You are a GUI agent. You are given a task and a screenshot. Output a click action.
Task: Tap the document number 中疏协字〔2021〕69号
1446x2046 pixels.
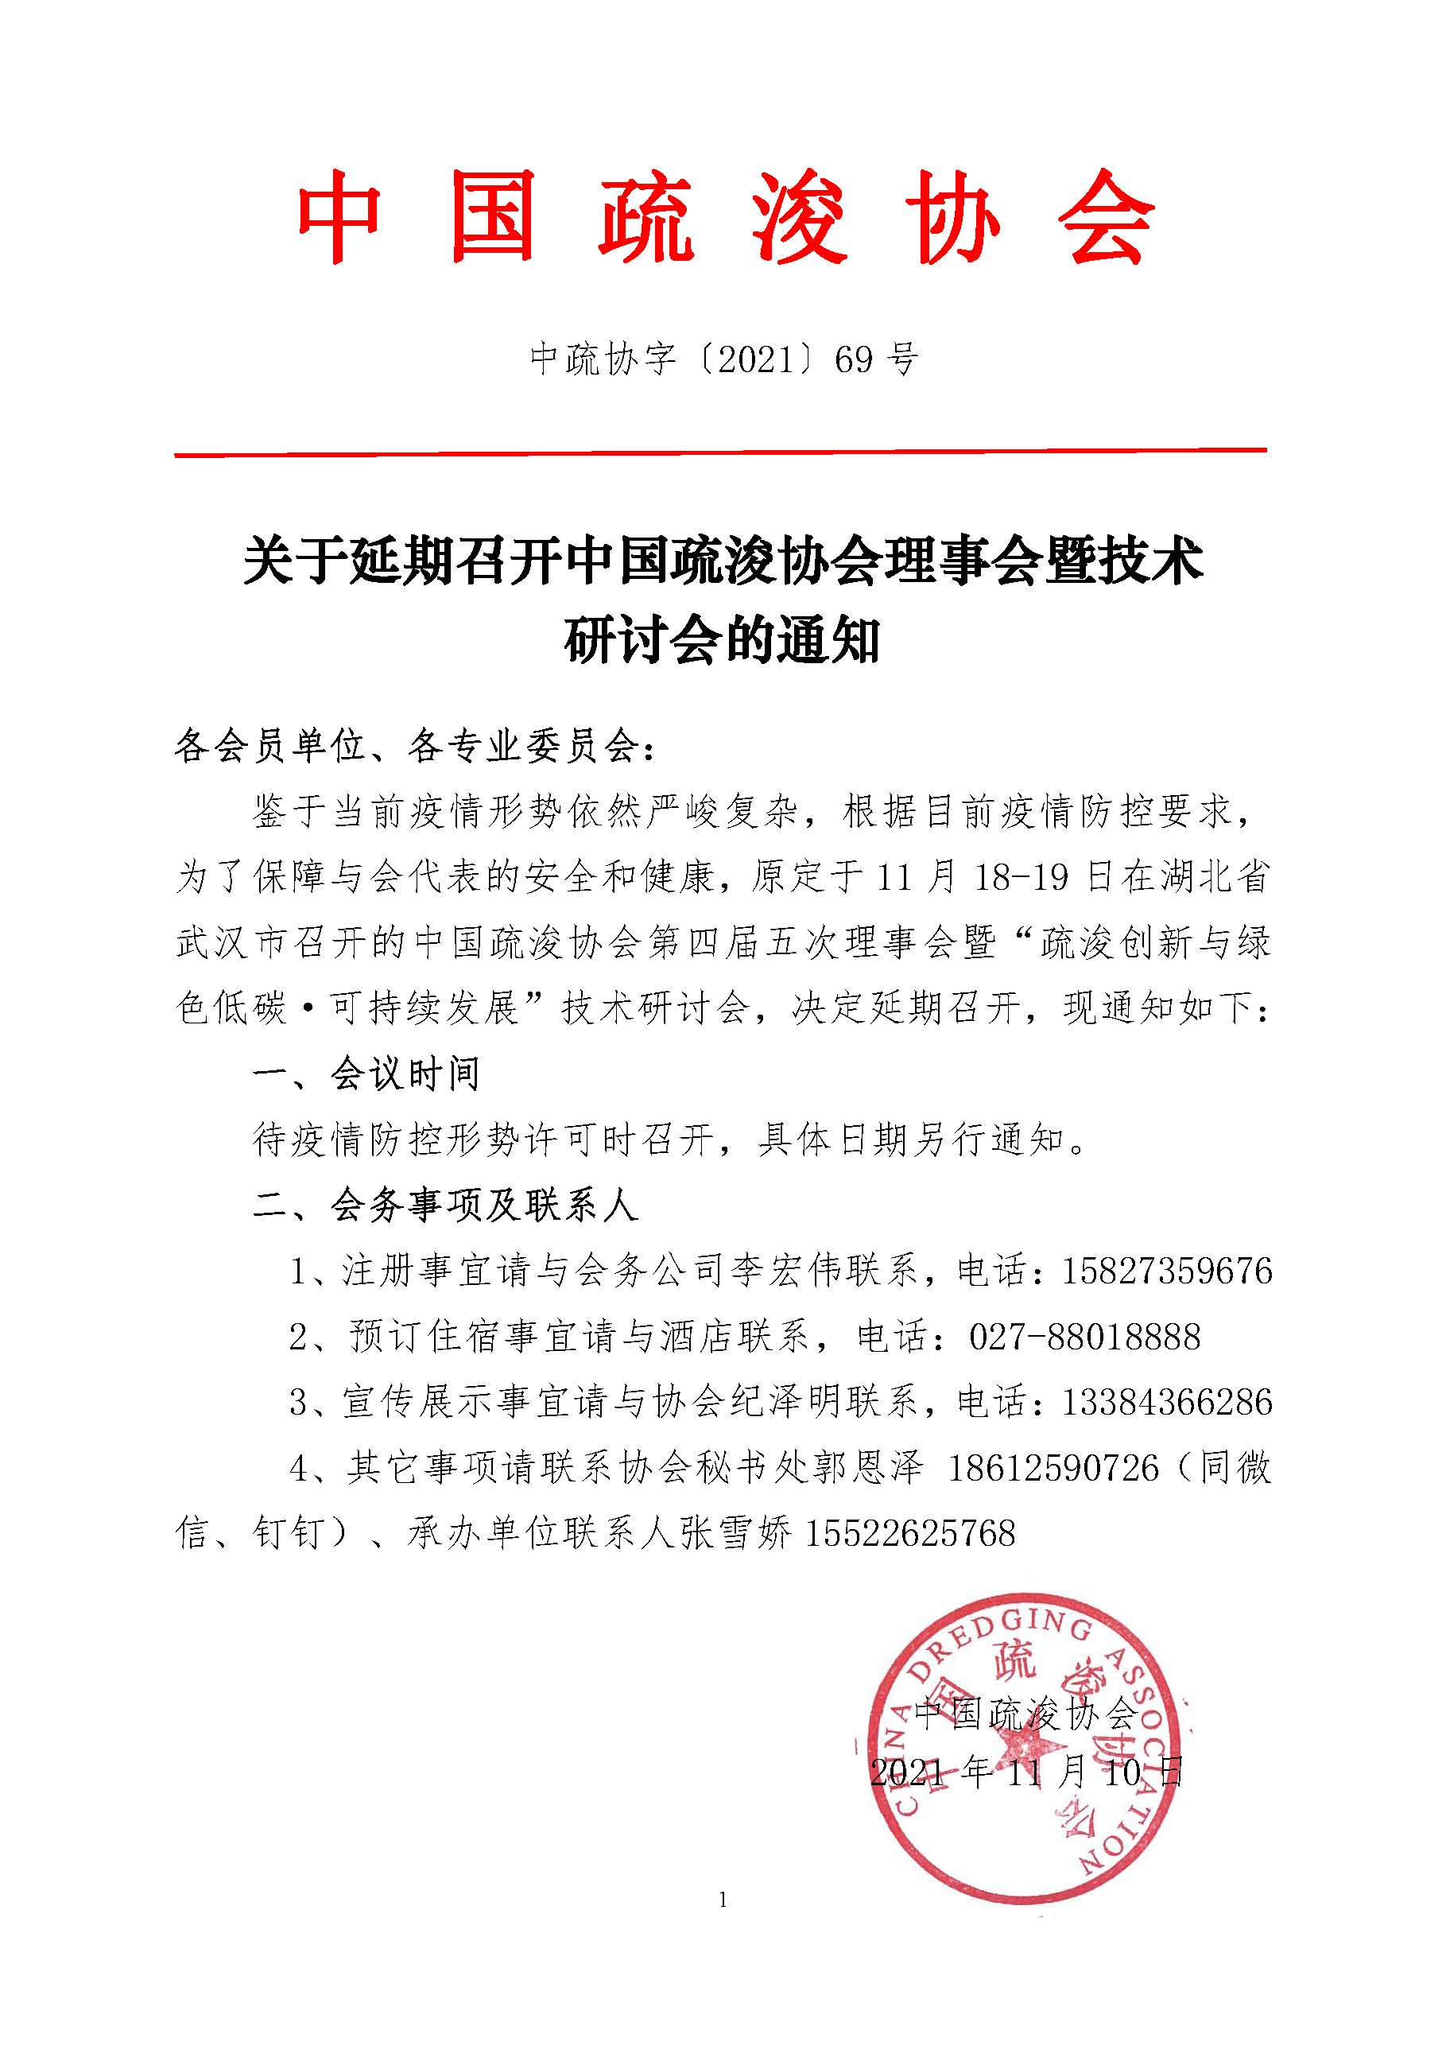[x=723, y=359]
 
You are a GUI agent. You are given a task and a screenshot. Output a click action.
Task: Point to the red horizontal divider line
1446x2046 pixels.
[x=720, y=453]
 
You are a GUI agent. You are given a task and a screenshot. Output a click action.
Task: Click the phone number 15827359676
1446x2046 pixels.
[x=1166, y=1271]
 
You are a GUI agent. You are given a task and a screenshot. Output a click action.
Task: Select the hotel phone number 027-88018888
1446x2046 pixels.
[x=1084, y=1337]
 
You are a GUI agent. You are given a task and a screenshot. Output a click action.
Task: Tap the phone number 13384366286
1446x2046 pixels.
[x=1166, y=1403]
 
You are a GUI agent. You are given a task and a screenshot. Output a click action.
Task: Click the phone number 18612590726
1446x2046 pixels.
[x=1053, y=1468]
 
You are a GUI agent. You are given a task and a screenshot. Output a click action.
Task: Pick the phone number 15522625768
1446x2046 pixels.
[x=909, y=1534]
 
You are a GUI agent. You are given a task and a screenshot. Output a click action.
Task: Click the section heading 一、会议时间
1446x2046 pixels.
[x=366, y=1074]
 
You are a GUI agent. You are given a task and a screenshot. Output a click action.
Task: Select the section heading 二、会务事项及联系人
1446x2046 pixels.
[x=445, y=1205]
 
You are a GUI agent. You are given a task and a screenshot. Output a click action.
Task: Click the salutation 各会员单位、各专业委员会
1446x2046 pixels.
[x=406, y=747]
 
